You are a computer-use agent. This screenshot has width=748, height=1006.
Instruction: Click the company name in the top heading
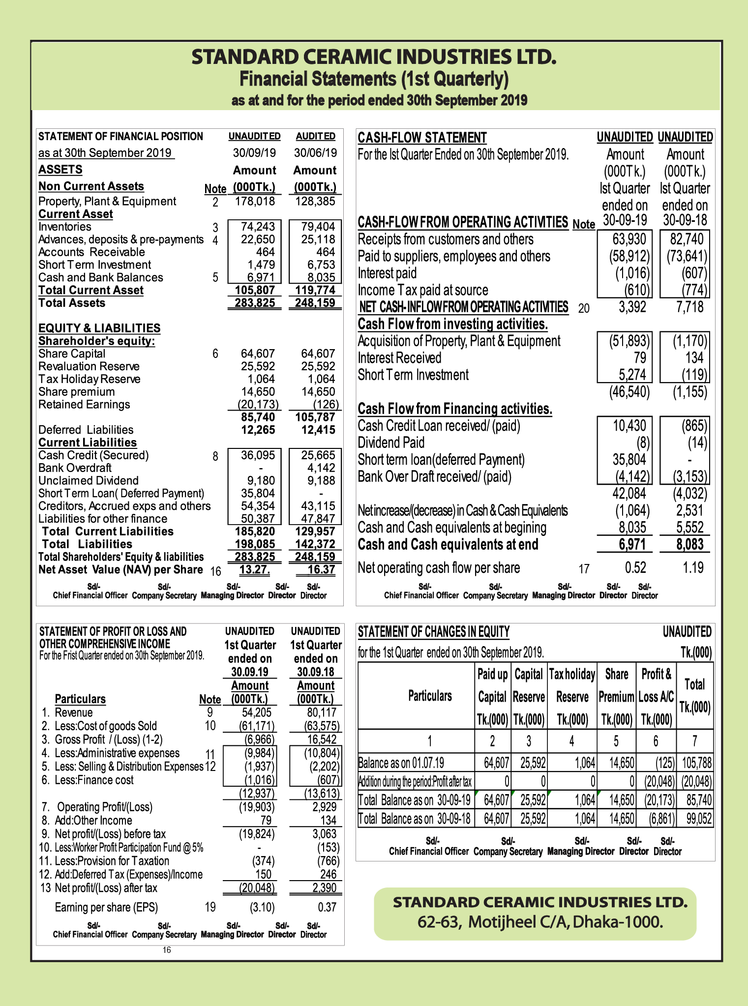click(x=374, y=57)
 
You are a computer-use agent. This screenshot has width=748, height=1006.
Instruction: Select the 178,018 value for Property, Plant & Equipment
click(x=255, y=201)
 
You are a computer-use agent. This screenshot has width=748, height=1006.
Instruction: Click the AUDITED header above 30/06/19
click(x=315, y=136)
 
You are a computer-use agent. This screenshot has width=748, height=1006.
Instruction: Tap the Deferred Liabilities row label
click(x=86, y=430)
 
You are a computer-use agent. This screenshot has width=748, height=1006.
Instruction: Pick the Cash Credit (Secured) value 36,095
click(x=258, y=455)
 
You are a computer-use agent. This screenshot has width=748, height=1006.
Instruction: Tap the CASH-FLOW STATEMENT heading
click(x=422, y=138)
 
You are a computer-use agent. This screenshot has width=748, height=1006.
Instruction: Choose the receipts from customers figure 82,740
click(x=687, y=239)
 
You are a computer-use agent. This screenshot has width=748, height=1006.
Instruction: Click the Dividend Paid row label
click(x=391, y=443)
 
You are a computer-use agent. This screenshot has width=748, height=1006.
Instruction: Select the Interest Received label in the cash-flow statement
click(x=399, y=358)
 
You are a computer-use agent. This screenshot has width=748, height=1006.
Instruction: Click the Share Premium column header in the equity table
click(x=616, y=696)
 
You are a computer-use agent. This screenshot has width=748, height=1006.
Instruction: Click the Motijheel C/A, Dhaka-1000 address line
click(x=540, y=921)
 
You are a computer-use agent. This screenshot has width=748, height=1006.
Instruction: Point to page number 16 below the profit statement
click(x=167, y=950)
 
